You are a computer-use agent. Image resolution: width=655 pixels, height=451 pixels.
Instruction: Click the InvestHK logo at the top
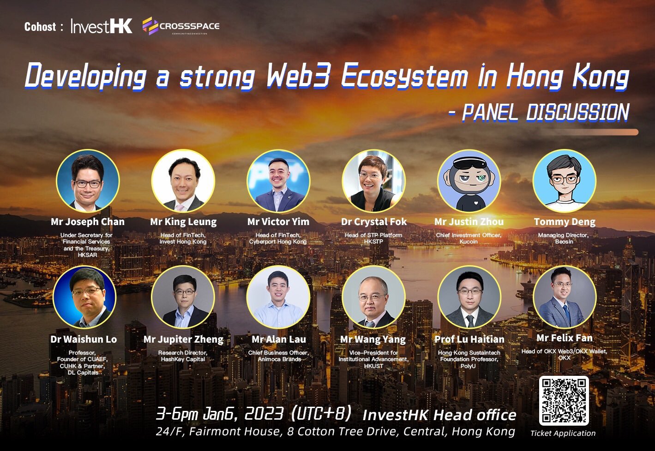(102, 26)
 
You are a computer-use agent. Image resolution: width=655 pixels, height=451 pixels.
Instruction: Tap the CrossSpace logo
(181, 26)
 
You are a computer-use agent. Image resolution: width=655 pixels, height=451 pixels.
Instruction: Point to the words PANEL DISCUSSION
(545, 112)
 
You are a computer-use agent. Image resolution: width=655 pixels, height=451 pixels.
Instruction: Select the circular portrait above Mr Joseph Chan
(88, 181)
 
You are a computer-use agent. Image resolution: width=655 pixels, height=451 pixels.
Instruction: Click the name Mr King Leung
(183, 222)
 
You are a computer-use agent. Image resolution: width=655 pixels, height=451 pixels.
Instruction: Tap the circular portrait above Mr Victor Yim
(278, 181)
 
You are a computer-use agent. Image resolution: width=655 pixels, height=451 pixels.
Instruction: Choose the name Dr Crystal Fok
(374, 222)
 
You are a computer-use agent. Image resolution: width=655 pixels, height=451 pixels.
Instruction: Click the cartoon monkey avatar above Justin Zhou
(469, 181)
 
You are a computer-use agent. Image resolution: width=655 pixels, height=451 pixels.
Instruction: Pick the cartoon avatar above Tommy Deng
(564, 181)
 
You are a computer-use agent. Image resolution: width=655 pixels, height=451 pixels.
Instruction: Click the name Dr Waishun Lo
(84, 339)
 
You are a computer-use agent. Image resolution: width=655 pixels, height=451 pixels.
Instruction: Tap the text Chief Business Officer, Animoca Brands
(278, 356)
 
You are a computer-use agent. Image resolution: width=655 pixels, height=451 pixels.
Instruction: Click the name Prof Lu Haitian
(469, 339)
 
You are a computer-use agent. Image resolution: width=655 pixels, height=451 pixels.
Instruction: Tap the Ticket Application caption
(563, 433)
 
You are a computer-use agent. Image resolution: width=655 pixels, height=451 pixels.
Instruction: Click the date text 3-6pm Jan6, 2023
(220, 414)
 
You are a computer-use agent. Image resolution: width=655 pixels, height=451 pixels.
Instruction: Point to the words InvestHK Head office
(439, 415)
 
